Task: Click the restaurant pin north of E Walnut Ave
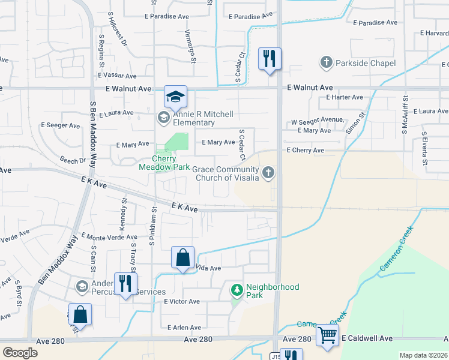click(x=270, y=59)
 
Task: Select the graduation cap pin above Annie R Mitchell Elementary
click(x=176, y=97)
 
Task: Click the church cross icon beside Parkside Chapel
click(x=327, y=63)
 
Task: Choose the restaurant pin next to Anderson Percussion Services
click(x=125, y=283)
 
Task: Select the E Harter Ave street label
click(x=345, y=97)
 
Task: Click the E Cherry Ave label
click(x=306, y=150)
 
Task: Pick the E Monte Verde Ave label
click(x=109, y=237)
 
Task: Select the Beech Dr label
click(x=73, y=161)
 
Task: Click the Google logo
click(x=20, y=353)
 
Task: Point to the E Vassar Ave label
click(x=120, y=75)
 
